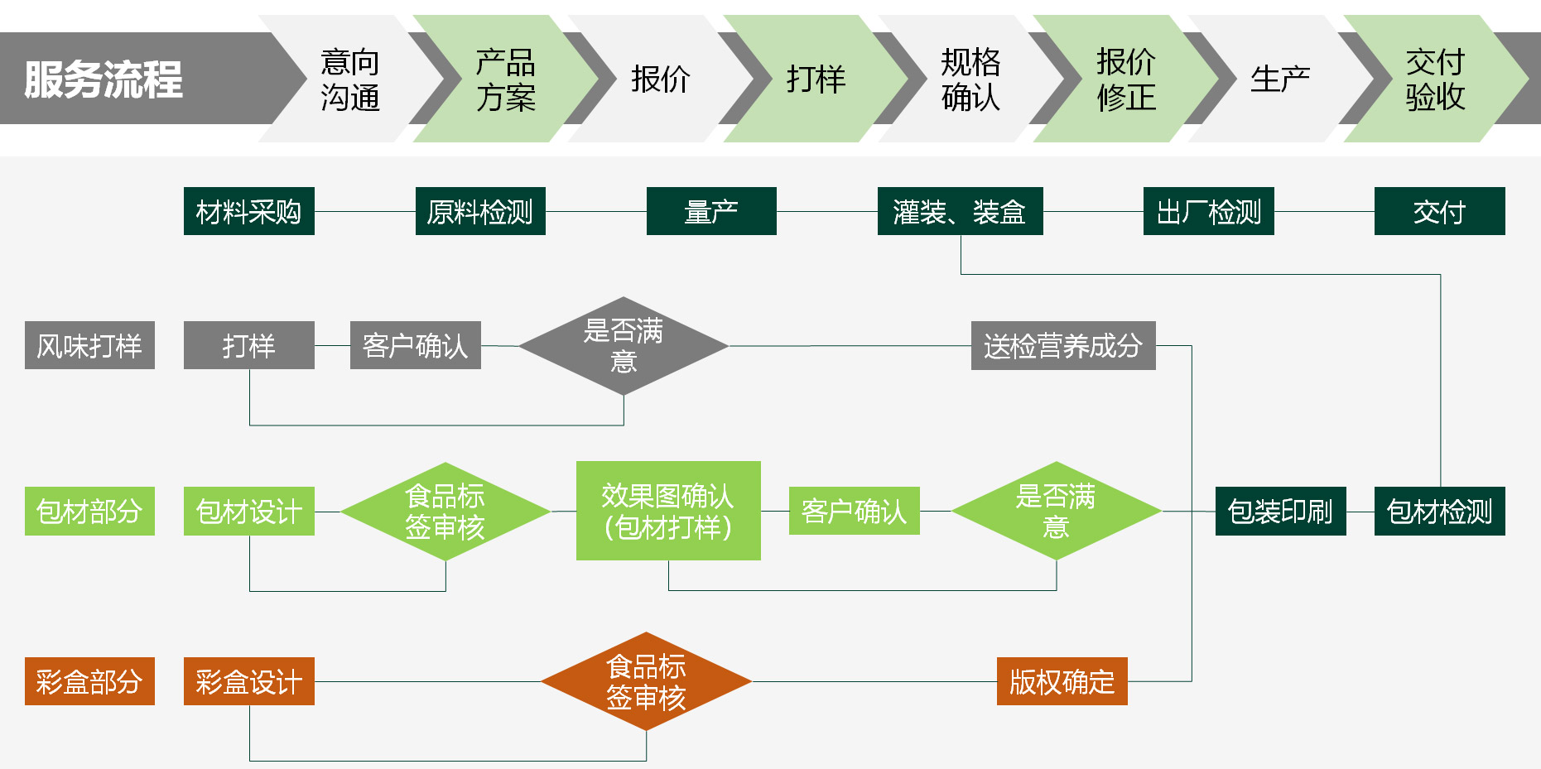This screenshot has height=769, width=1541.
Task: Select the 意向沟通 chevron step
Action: click(x=349, y=79)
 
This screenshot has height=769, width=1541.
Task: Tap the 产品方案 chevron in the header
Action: click(x=505, y=79)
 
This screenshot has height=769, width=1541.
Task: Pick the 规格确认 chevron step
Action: click(x=970, y=79)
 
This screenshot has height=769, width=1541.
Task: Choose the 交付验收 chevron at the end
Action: click(x=1435, y=79)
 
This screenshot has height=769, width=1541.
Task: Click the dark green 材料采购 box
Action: click(x=248, y=211)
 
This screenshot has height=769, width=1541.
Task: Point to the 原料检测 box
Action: click(x=480, y=211)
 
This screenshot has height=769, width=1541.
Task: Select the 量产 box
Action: click(x=711, y=211)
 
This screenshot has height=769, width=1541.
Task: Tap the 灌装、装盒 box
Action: click(x=960, y=211)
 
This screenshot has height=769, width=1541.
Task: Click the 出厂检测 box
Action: click(x=1208, y=211)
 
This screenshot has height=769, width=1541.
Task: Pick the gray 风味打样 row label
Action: click(x=89, y=345)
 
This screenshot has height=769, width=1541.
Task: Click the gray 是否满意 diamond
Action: click(x=624, y=346)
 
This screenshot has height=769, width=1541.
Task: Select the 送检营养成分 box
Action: click(x=1063, y=345)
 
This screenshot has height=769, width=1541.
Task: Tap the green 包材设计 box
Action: click(x=248, y=512)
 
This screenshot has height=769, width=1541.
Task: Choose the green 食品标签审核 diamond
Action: click(x=445, y=512)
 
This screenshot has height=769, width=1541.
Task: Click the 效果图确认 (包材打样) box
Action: click(x=668, y=511)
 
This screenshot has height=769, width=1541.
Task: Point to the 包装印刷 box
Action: click(x=1280, y=512)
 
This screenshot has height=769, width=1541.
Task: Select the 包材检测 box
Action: click(x=1439, y=512)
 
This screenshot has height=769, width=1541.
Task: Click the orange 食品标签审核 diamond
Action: click(x=646, y=681)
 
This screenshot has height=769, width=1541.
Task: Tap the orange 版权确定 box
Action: click(x=1062, y=681)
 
